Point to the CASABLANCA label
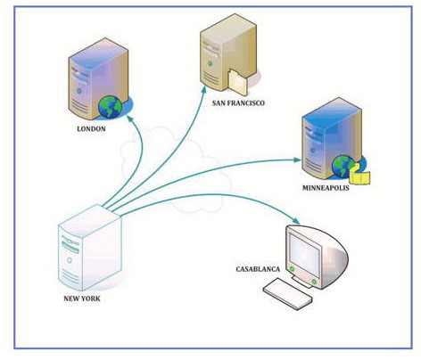tap(260, 268)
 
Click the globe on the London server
tap(111, 108)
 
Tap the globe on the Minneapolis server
tap(342, 166)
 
